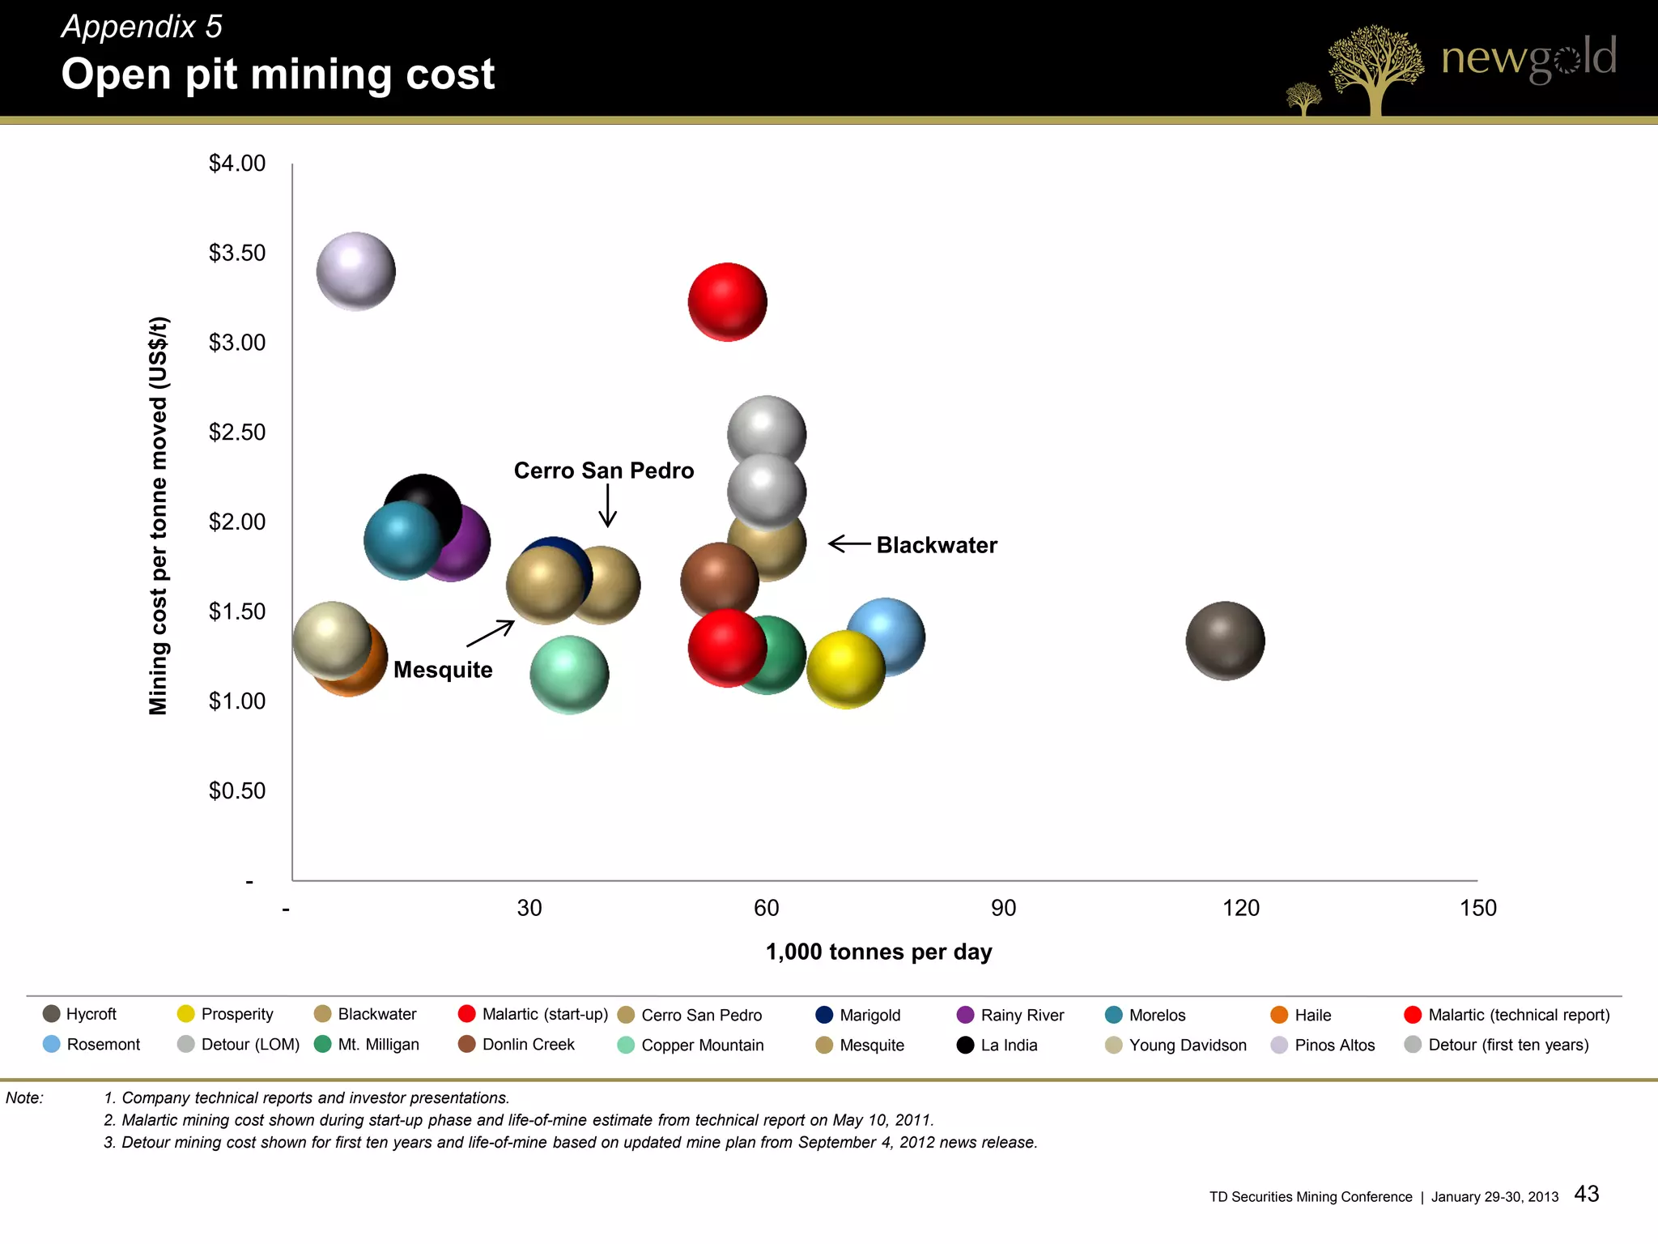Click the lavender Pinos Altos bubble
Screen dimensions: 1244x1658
(355, 271)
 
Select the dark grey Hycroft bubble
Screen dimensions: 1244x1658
(1225, 641)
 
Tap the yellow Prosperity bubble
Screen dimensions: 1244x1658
(846, 670)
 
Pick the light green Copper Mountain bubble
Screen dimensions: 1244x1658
(569, 675)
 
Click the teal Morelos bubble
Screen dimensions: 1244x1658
(401, 540)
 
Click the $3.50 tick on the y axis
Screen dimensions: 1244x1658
(237, 253)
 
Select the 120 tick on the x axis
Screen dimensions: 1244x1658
(1240, 908)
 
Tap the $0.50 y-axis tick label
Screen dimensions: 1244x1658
(237, 790)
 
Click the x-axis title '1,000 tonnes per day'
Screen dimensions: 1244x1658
(878, 952)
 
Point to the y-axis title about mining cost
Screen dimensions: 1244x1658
(159, 516)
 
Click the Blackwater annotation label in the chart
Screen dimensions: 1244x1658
(937, 545)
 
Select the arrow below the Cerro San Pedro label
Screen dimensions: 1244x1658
(607, 506)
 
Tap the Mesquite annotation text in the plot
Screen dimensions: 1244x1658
(443, 670)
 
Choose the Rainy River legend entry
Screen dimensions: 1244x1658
(1022, 1015)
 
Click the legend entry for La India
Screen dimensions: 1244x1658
(1009, 1045)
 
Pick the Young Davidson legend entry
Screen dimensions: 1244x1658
(1187, 1045)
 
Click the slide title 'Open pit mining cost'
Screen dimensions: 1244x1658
(278, 75)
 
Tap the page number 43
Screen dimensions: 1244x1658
(1587, 1194)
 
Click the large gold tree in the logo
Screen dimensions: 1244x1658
(1375, 69)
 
